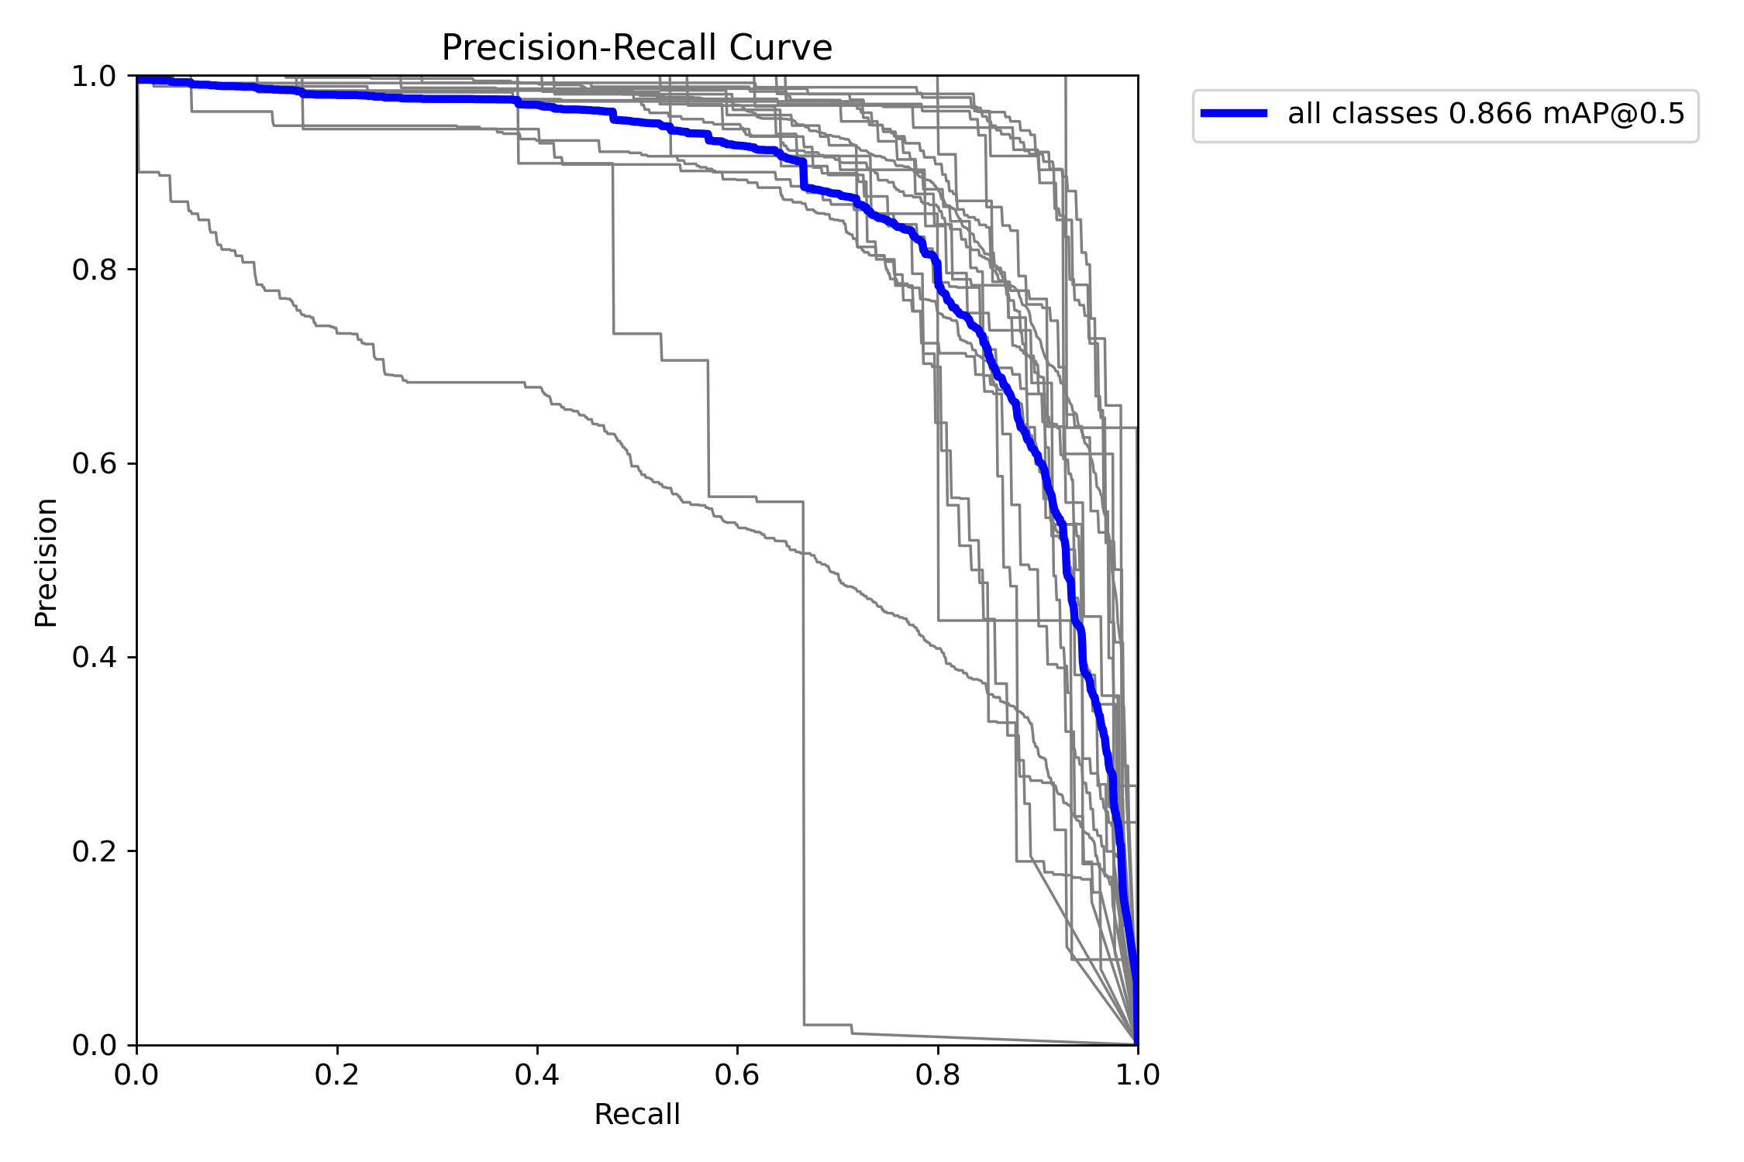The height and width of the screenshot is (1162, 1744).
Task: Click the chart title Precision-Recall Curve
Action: (636, 48)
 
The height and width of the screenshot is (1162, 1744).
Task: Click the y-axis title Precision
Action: (46, 562)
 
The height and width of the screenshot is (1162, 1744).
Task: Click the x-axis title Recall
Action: (636, 1115)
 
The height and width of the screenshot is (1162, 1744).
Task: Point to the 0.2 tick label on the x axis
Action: (337, 1074)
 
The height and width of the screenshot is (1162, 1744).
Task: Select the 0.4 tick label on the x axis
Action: (537, 1074)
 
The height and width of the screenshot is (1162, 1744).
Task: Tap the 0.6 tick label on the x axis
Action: (737, 1074)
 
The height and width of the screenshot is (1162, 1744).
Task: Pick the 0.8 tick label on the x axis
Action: (938, 1074)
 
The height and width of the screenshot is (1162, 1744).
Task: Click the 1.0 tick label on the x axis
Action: (1138, 1074)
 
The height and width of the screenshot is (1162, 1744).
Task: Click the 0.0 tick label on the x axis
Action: (136, 1074)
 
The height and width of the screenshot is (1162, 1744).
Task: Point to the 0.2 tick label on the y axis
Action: (94, 851)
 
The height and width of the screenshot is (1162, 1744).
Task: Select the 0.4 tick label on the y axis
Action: (94, 658)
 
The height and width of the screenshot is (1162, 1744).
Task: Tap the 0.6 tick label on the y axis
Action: (94, 464)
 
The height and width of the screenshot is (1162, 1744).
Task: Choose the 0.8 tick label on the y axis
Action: (94, 270)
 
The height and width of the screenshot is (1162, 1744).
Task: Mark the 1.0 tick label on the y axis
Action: (94, 77)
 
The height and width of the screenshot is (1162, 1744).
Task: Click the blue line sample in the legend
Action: (1234, 114)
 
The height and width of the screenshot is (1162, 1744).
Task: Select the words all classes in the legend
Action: (1363, 114)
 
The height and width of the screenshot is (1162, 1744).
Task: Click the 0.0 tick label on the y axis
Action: (94, 1045)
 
